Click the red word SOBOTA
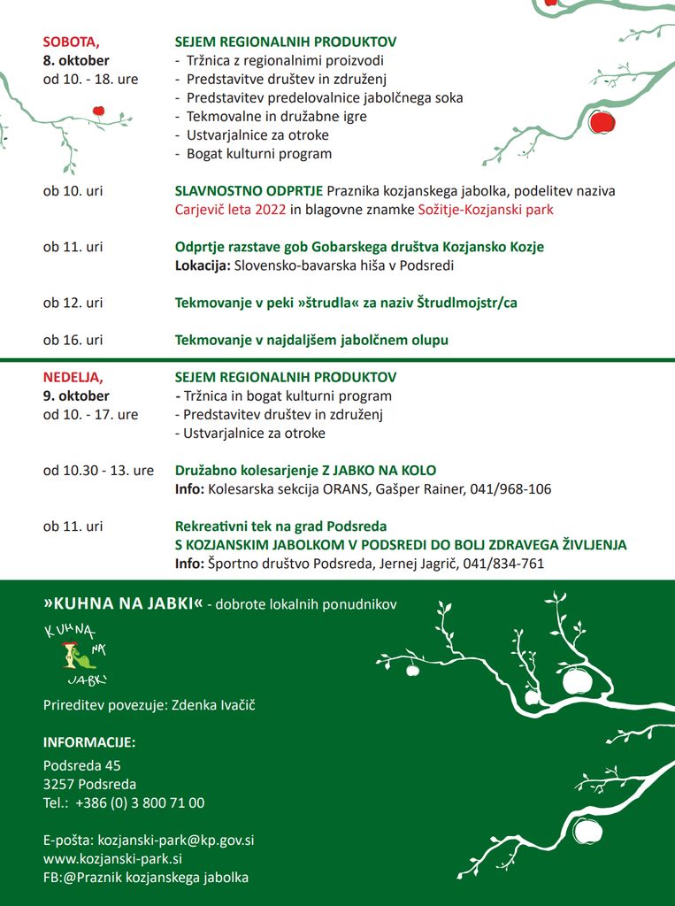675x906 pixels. [x=71, y=42]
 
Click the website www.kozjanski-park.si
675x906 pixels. [x=112, y=858]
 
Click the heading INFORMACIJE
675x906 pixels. [x=89, y=741]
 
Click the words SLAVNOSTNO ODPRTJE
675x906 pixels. [x=249, y=191]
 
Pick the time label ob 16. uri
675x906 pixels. [x=73, y=340]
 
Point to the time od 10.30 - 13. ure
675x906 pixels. [x=98, y=471]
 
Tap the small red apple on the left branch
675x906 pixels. [x=98, y=111]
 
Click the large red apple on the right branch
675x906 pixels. [x=602, y=121]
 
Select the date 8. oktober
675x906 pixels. [x=76, y=60]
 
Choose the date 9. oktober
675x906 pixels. [x=76, y=395]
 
